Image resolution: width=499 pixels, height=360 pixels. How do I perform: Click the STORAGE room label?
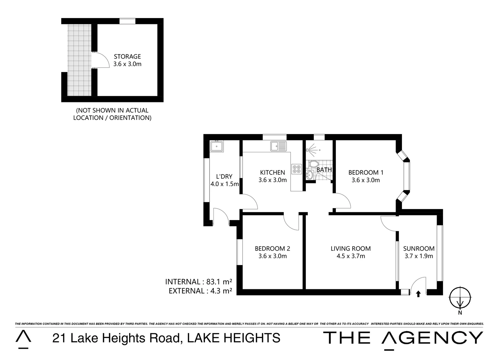[x=127, y=56]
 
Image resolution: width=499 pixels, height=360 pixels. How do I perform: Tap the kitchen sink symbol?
[x=279, y=146]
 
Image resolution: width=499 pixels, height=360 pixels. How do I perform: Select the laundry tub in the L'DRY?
[x=217, y=146]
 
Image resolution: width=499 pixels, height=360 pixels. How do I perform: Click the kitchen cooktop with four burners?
[x=297, y=169]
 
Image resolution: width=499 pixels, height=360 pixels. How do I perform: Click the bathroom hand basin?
[x=310, y=174]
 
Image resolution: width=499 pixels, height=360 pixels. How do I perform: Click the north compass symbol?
[x=460, y=297]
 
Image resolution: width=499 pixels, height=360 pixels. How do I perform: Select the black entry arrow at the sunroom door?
[x=418, y=294]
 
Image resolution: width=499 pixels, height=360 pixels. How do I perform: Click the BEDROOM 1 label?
[x=366, y=172]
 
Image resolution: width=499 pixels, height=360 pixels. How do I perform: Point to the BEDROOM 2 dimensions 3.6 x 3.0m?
[x=273, y=256]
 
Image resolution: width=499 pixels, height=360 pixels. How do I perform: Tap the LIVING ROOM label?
[x=351, y=248]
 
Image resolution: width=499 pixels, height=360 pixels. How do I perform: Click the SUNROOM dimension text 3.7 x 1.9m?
[x=419, y=256]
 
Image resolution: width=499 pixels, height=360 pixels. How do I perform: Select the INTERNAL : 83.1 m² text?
[x=198, y=282]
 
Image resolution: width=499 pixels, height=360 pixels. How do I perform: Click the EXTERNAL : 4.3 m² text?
[x=200, y=291]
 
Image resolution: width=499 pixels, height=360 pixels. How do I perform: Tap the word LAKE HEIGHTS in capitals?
[x=233, y=338]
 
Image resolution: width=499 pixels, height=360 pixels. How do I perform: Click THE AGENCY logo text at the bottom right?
[x=403, y=338]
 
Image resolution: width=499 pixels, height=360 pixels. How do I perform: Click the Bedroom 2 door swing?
[x=291, y=222]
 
